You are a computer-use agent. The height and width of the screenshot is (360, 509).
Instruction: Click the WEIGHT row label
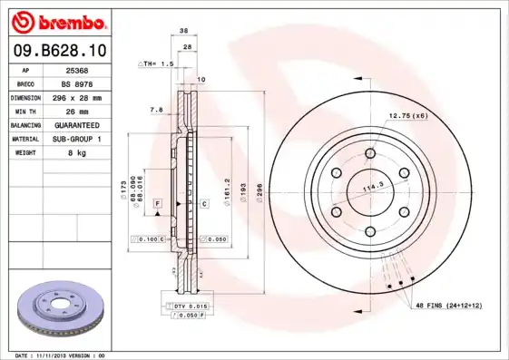click(24, 152)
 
